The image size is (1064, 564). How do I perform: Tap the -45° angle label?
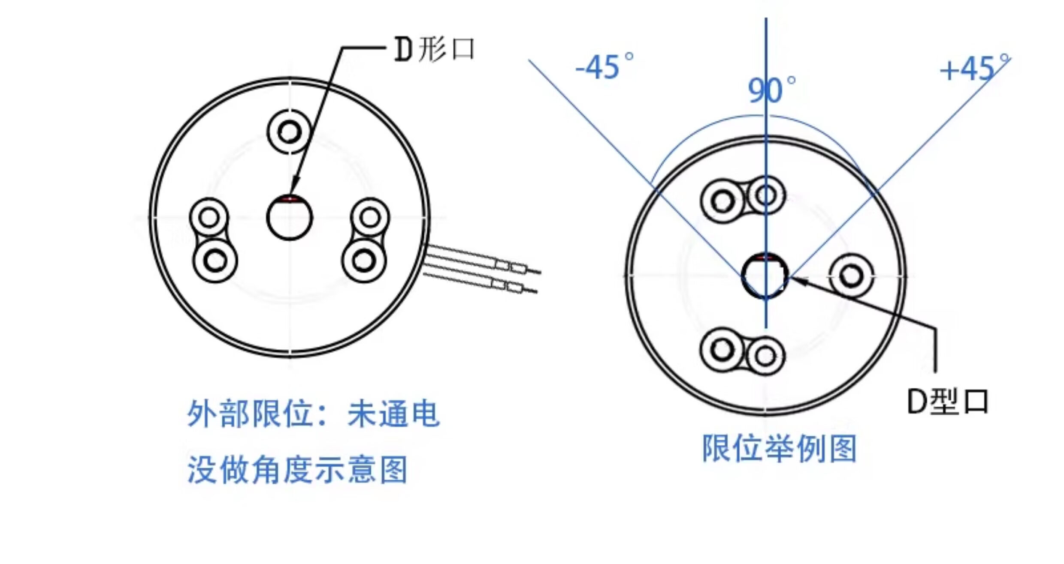tap(603, 67)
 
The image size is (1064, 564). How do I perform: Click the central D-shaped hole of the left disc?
tap(290, 218)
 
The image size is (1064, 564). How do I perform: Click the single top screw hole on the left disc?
tap(289, 132)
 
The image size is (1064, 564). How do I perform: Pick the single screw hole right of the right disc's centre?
tap(851, 276)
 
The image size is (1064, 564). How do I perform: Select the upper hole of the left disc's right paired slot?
tap(370, 217)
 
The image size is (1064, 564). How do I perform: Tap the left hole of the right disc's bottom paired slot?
tap(722, 349)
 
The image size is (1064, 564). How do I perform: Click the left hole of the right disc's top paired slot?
tap(723, 201)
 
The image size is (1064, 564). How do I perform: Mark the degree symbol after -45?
tap(628, 57)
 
